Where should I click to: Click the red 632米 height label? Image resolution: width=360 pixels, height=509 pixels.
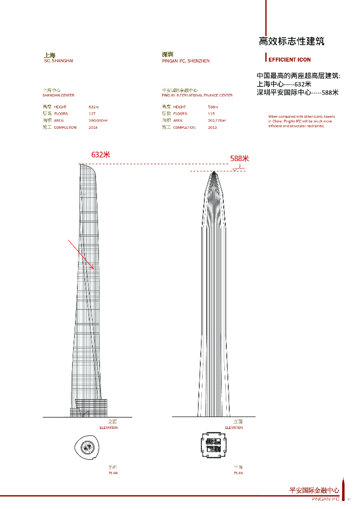100,155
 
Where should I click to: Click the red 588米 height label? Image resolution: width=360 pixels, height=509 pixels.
239,159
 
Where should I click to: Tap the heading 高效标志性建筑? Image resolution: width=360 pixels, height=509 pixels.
291,41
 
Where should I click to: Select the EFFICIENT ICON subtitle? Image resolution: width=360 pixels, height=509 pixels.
290,60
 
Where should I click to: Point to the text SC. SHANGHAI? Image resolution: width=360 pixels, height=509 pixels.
59,61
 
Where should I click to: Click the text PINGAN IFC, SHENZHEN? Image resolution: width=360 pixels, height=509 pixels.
186,61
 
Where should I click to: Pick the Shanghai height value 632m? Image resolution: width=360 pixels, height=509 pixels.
93,107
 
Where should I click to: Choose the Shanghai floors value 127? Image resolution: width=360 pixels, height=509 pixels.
92,114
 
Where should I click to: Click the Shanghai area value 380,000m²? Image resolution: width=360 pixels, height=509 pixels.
98,121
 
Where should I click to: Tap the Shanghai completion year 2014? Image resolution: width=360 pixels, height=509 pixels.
93,128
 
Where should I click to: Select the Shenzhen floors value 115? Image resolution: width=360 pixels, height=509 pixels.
212,114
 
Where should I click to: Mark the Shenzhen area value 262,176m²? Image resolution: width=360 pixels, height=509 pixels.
217,121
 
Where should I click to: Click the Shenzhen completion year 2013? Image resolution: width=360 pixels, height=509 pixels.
213,128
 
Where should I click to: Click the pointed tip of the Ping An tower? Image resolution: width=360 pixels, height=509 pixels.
214,171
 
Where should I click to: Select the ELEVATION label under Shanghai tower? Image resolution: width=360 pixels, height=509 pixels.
109,427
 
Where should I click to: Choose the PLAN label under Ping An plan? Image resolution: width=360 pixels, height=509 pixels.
239,473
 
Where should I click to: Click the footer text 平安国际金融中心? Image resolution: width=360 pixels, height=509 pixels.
314,491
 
